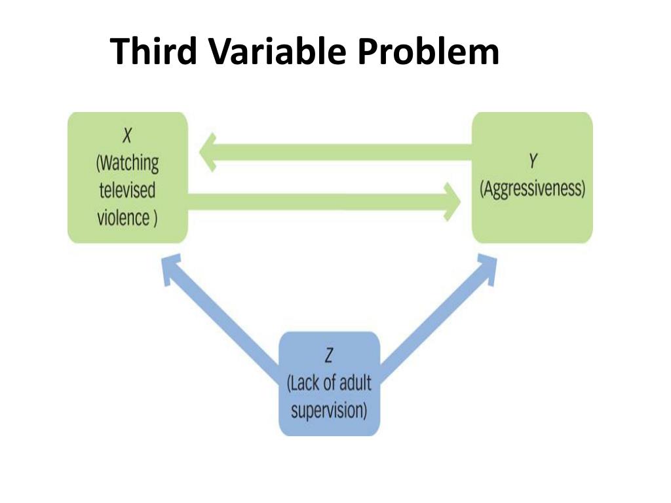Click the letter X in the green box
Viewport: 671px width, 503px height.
click(x=128, y=137)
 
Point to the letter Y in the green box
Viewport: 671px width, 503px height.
click(x=532, y=162)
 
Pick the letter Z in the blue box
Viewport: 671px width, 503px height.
click(x=329, y=356)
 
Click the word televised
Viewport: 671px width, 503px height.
click(x=128, y=191)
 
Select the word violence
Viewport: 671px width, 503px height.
click(x=123, y=217)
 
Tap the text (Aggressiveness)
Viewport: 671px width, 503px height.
click(x=532, y=189)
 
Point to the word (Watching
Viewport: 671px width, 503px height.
click(x=128, y=163)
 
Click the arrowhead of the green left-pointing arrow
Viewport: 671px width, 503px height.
click(x=210, y=152)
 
